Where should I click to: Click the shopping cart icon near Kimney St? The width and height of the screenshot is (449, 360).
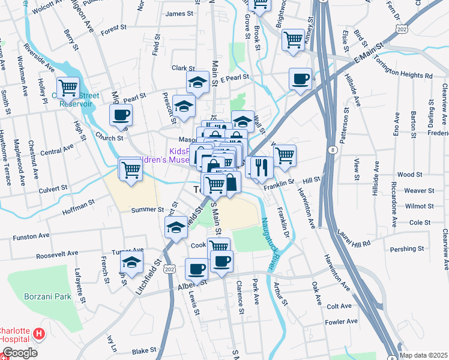click(x=293, y=41)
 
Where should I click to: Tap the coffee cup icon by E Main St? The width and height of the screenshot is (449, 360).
click(x=300, y=79)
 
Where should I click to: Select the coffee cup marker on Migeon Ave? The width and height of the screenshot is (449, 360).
click(x=121, y=115)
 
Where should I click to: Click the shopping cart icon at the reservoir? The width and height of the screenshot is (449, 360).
click(x=68, y=89)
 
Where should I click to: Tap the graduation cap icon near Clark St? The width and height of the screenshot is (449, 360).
click(x=197, y=82)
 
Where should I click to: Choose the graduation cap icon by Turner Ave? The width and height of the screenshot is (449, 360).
click(x=131, y=262)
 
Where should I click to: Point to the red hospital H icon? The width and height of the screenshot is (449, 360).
click(x=39, y=333)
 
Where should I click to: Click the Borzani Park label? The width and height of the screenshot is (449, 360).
click(x=47, y=296)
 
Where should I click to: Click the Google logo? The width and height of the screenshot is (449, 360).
click(x=19, y=353)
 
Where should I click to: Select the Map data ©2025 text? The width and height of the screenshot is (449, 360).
click(x=423, y=355)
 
